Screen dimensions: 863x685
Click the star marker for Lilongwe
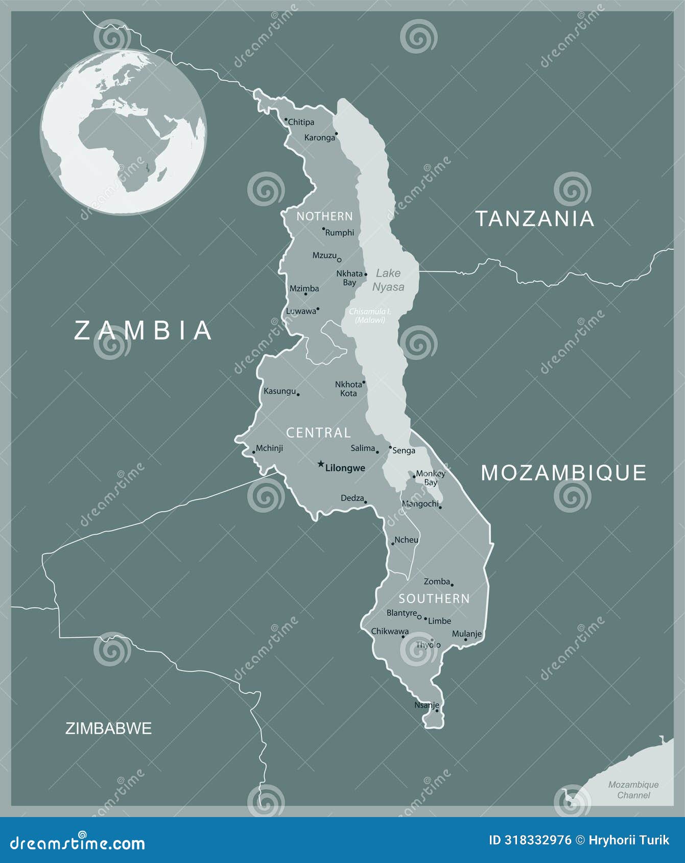(x=321, y=464)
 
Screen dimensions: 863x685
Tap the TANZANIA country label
(x=535, y=219)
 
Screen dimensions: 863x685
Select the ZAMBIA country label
(x=143, y=330)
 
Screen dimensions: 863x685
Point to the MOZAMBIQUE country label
(x=563, y=473)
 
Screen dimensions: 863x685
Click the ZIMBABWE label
(x=108, y=728)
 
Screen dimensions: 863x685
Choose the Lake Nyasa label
(x=388, y=280)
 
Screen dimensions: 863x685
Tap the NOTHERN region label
(x=324, y=217)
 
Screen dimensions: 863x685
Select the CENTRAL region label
(x=318, y=433)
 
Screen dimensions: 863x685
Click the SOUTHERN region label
(x=434, y=598)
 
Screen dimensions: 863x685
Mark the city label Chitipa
(x=301, y=122)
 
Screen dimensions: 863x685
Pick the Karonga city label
(x=319, y=137)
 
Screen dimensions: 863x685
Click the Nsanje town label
(x=427, y=705)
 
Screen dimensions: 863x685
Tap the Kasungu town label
(x=279, y=391)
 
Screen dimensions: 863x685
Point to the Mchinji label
(x=269, y=448)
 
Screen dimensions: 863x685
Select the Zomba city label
(x=437, y=581)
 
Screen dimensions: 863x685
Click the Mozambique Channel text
(x=633, y=789)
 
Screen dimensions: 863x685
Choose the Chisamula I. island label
(x=370, y=316)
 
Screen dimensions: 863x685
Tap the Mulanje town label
(x=466, y=634)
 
